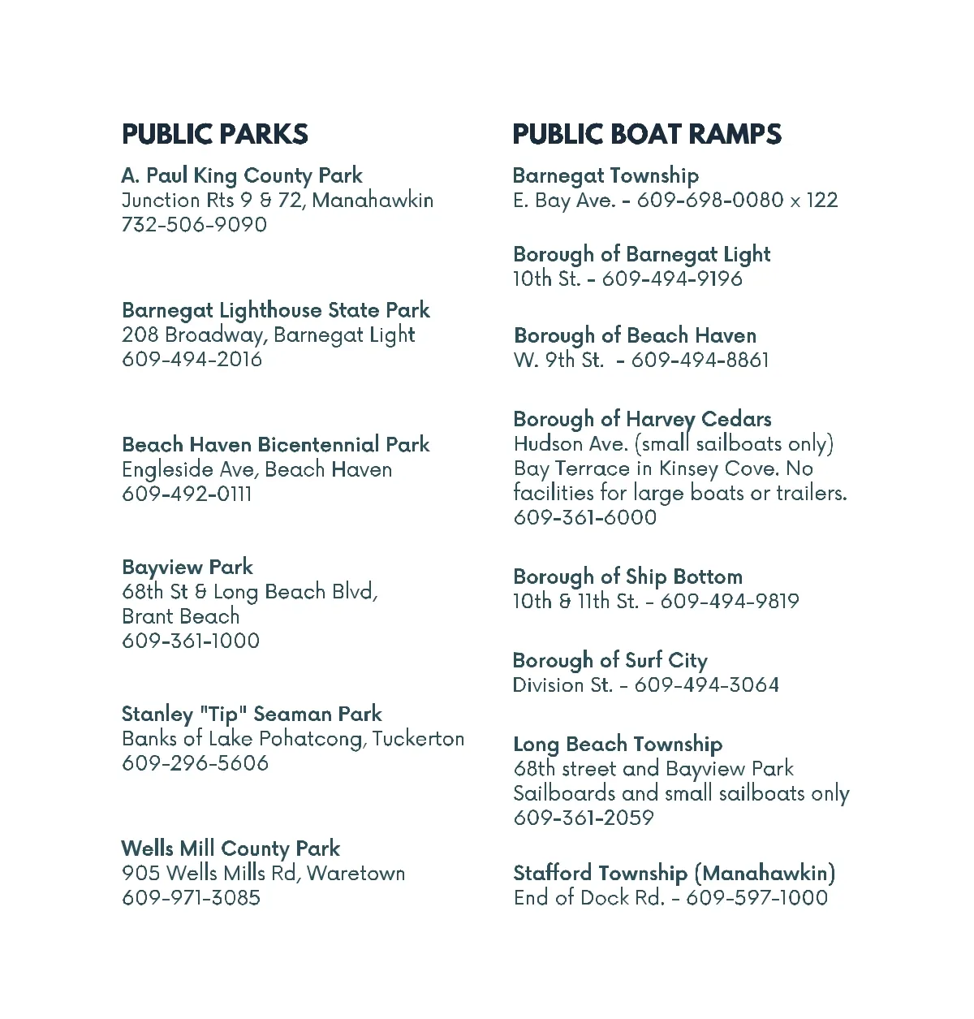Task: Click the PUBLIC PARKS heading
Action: [215, 134]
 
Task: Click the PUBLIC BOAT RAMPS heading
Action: [647, 134]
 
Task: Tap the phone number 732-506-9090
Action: [194, 225]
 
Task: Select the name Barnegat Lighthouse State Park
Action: [276, 310]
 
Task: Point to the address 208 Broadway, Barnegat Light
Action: [269, 335]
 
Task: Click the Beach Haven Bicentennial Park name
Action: [276, 445]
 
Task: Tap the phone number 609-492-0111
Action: [187, 494]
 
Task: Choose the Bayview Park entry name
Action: [187, 567]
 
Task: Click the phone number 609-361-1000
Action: [191, 641]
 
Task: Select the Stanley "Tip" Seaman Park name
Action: [252, 715]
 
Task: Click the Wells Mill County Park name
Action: [231, 849]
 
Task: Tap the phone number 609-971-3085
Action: [192, 898]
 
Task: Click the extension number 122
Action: [822, 201]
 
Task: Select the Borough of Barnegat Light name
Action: [642, 254]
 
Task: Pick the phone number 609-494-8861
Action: [700, 360]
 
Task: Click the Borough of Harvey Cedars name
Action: [643, 420]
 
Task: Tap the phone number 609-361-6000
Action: [585, 517]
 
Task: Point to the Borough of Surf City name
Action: [610, 661]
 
